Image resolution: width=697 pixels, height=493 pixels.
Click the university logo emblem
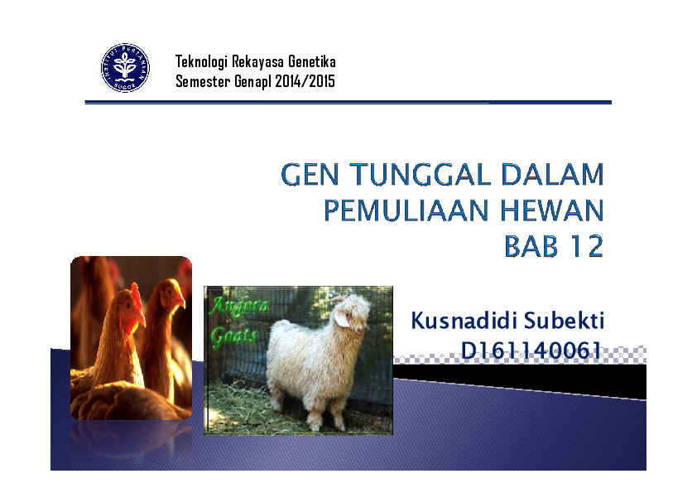(125, 68)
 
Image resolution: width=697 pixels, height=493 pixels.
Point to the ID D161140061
(530, 351)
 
